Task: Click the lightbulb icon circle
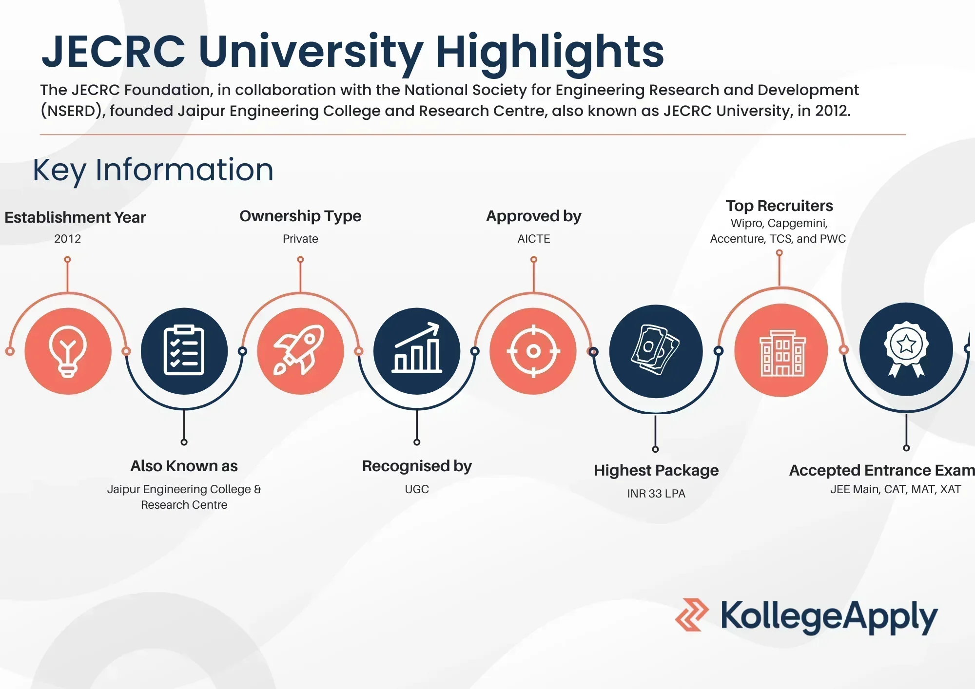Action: [68, 351]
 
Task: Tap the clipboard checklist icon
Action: [184, 351]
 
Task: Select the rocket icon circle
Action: [300, 351]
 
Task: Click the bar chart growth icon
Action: [417, 351]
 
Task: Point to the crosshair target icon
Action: [533, 351]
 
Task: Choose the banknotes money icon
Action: [656, 351]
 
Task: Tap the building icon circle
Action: [781, 350]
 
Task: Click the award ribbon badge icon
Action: [906, 349]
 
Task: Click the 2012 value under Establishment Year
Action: [67, 239]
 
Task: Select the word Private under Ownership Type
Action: [300, 239]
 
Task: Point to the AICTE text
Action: [534, 239]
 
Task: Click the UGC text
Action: [417, 489]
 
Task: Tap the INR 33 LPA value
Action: [656, 494]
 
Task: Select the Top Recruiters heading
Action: [779, 206]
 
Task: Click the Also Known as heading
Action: [184, 466]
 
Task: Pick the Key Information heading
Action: [153, 170]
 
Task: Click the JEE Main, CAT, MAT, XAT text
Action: [896, 489]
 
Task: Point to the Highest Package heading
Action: [656, 471]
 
